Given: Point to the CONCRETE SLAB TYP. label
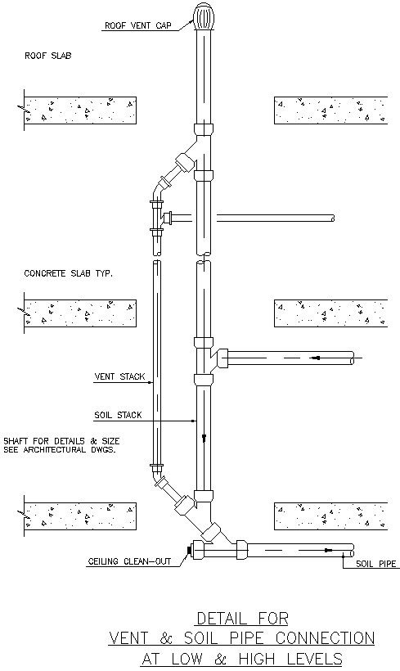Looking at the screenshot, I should coord(68,273).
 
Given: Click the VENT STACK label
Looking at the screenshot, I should coord(119,377).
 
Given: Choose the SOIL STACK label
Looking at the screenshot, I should coord(119,415).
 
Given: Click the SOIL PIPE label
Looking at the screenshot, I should coord(375,564).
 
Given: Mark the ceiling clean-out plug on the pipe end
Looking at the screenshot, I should coord(190,552).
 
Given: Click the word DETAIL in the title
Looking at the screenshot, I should coord(224,618).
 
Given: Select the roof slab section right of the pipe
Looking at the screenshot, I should coord(330,109).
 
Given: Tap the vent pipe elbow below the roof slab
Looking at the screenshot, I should coord(155,193).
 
